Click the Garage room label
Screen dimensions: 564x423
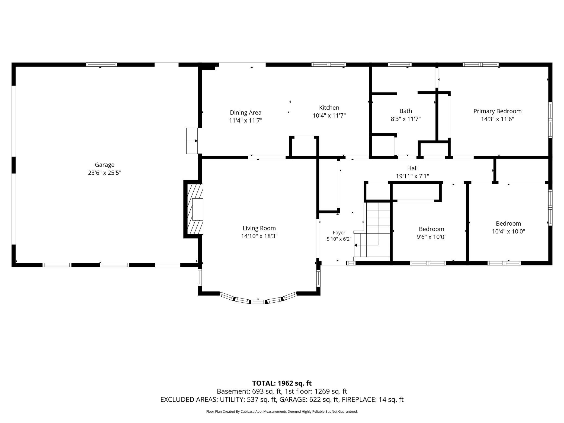[104, 165]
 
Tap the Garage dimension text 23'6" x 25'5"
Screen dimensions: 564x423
[104, 173]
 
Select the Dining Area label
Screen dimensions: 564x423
[246, 113]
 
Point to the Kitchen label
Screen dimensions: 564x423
[329, 108]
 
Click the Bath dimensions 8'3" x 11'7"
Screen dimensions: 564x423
[406, 119]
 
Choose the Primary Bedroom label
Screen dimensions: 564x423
[497, 111]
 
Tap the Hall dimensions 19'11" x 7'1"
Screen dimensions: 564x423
[412, 176]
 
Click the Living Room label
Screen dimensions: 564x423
[259, 228]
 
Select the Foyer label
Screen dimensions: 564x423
[339, 233]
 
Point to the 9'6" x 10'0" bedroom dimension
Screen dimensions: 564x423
[431, 237]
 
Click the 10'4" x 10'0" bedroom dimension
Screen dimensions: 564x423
[508, 232]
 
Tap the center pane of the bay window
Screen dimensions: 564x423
[258, 302]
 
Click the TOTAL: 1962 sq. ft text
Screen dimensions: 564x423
[282, 383]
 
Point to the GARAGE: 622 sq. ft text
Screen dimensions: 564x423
[309, 399]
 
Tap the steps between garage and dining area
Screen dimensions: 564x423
[192, 141]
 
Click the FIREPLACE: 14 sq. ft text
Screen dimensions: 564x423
[373, 399]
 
